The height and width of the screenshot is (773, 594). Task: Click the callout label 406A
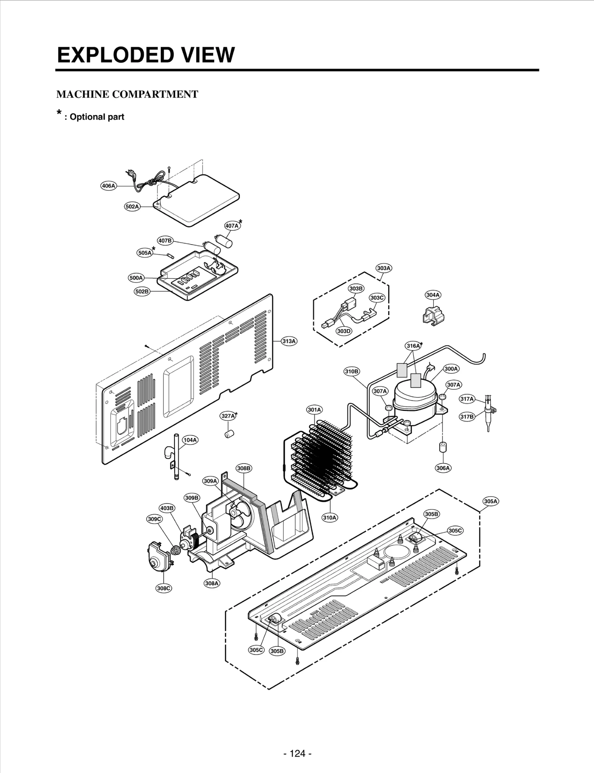108,186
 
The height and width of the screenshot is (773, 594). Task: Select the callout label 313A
289,341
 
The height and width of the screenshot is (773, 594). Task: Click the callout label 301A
314,410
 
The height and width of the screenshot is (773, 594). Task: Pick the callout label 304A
433,295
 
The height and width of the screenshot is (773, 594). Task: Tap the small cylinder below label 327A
229,433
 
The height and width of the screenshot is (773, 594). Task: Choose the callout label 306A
443,468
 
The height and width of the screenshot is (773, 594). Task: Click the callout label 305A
490,501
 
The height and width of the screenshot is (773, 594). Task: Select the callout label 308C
164,588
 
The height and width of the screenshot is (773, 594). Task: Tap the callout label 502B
142,291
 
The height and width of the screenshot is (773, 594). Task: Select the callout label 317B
467,417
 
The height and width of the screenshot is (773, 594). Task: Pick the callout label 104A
190,440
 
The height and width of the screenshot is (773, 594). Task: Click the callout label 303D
344,331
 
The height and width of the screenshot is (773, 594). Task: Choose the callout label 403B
167,508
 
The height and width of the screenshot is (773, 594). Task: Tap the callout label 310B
351,371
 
